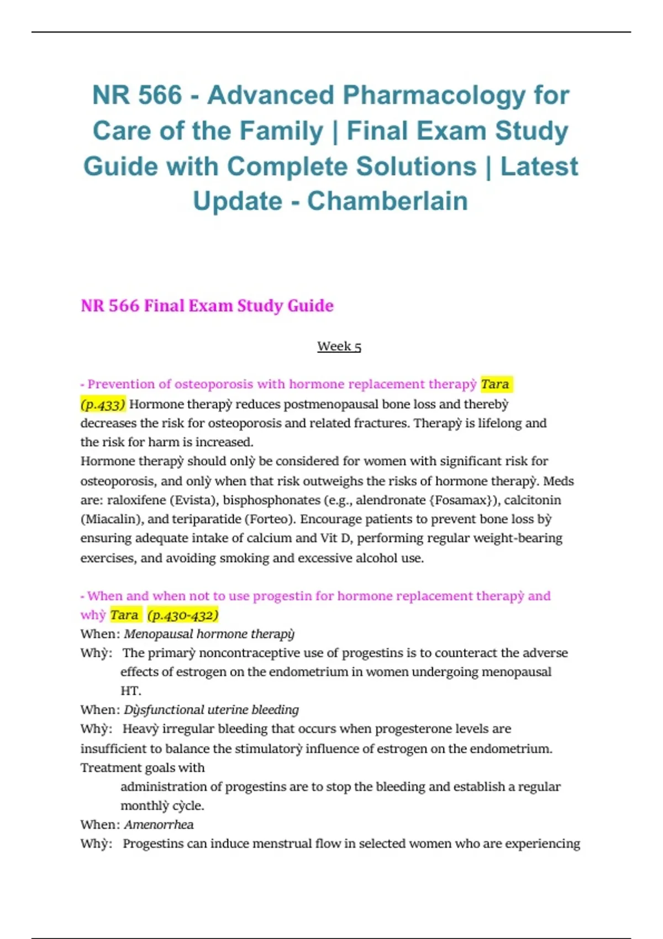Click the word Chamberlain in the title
pyautogui.click(x=387, y=201)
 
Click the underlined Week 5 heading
pyautogui.click(x=339, y=346)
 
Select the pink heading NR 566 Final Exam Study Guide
pyautogui.click(x=207, y=305)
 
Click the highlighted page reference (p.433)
pyautogui.click(x=103, y=404)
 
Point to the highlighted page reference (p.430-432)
pyautogui.click(x=183, y=615)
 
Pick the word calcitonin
pyautogui.click(x=532, y=500)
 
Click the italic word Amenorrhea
pyautogui.click(x=159, y=825)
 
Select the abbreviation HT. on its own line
pyautogui.click(x=131, y=691)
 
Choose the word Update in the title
pyautogui.click(x=237, y=201)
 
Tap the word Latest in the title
pyautogui.click(x=539, y=166)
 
